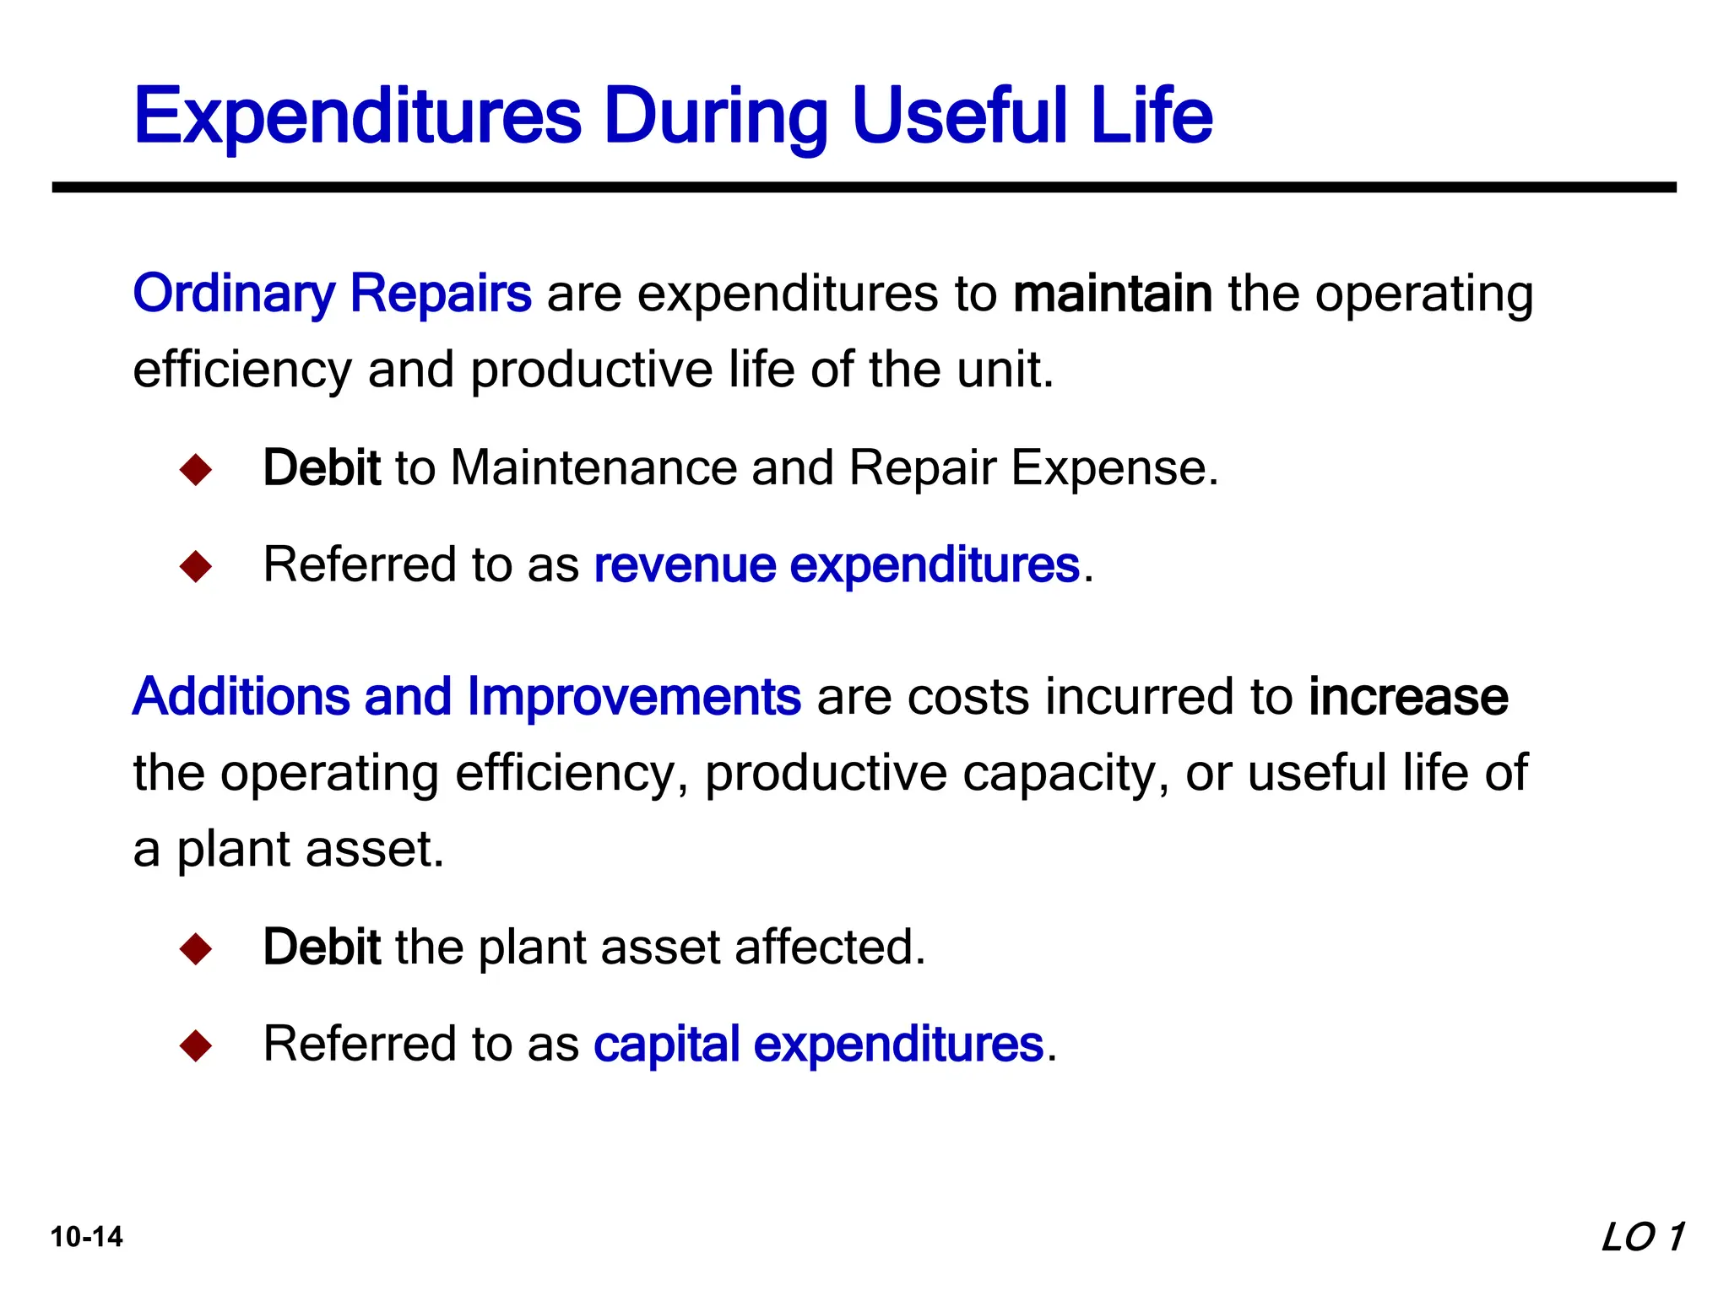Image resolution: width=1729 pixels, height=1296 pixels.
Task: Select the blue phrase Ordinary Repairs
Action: click(332, 294)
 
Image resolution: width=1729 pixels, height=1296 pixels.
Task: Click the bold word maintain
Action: click(1112, 294)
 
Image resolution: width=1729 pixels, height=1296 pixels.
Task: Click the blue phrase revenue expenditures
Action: click(837, 564)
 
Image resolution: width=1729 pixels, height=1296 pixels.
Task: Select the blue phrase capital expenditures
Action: click(818, 1044)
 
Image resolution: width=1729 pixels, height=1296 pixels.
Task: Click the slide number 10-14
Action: click(86, 1237)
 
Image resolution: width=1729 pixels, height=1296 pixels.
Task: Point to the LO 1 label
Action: click(1642, 1237)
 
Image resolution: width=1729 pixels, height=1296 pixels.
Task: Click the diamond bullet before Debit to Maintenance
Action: click(196, 469)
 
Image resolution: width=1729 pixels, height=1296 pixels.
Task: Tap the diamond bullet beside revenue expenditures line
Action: click(196, 566)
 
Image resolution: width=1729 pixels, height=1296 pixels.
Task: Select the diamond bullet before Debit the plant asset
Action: click(196, 948)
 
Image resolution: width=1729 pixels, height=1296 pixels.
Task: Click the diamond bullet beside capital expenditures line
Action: click(196, 1045)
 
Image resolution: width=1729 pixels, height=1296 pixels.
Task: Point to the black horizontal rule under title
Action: click(864, 187)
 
